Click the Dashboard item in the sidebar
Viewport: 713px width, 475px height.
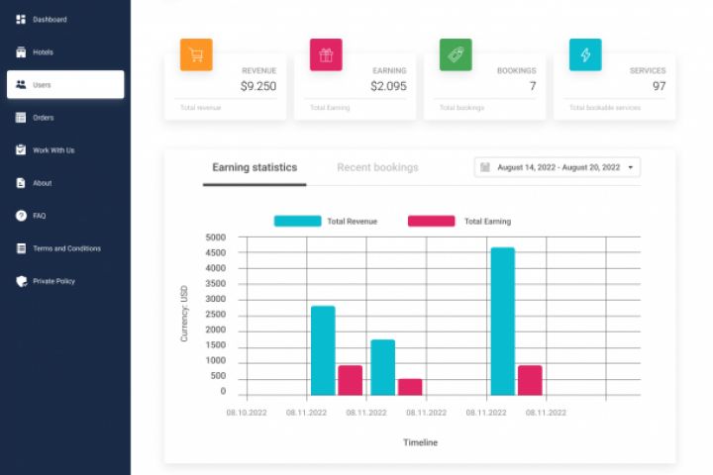click(49, 20)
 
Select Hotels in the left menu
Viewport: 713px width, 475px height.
click(43, 52)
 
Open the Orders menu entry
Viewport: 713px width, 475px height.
click(43, 118)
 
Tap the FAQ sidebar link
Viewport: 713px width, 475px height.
click(39, 216)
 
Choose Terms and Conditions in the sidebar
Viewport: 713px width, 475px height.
click(67, 248)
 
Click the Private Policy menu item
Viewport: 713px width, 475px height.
click(53, 281)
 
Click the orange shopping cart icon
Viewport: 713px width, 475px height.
click(196, 55)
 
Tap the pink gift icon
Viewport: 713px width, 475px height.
click(326, 55)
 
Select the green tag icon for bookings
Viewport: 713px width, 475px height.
click(456, 55)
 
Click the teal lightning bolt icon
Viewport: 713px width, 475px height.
click(585, 55)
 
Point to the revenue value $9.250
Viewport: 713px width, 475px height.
click(257, 86)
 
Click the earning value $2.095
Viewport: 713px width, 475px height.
click(388, 86)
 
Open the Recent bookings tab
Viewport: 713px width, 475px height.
click(377, 167)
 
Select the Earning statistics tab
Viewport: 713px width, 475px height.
click(255, 167)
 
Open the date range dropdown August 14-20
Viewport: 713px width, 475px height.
click(558, 167)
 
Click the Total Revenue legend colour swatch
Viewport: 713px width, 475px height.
click(297, 221)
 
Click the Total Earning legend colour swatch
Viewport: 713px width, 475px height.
click(431, 221)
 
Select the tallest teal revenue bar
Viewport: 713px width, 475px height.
click(502, 321)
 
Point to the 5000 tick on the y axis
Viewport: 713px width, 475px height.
click(215, 237)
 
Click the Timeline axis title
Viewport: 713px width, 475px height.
click(420, 442)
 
